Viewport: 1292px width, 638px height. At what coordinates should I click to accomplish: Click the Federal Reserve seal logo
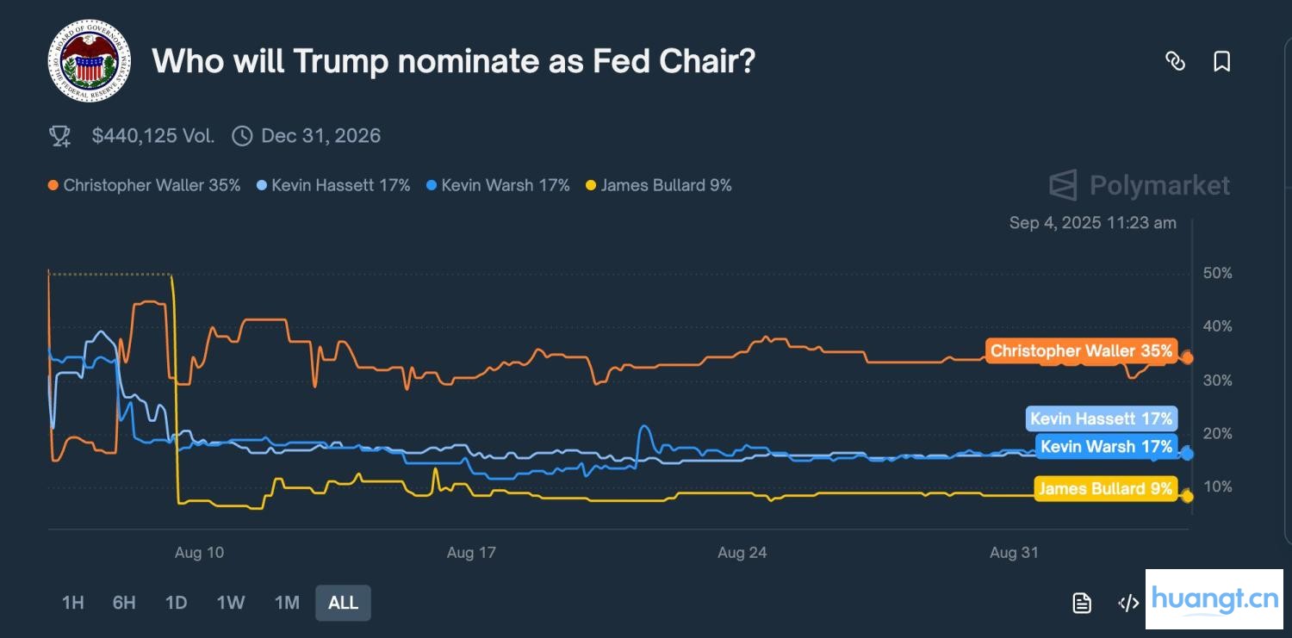point(90,61)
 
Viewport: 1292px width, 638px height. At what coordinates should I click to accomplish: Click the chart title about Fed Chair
point(453,61)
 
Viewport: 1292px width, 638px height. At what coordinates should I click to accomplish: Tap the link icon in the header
point(1175,61)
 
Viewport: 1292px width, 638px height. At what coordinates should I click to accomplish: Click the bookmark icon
point(1221,61)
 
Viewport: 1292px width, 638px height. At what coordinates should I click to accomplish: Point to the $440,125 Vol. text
point(152,136)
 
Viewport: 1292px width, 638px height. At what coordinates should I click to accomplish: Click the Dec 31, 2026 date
point(320,136)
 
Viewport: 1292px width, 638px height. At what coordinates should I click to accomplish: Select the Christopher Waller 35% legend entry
point(145,185)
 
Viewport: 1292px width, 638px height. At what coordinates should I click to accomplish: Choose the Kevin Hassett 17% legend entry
point(334,185)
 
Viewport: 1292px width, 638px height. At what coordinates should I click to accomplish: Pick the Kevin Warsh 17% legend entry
point(499,185)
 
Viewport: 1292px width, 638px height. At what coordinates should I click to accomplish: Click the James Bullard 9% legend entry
point(659,185)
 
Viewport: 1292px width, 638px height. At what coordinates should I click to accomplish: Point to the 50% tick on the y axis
point(1217,274)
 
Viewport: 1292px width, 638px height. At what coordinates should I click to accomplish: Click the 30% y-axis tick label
point(1217,381)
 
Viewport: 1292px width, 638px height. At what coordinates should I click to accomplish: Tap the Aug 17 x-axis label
point(471,553)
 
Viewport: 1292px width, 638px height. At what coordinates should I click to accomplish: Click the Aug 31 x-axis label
point(1014,553)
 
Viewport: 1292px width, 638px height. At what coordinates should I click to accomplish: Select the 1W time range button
point(231,603)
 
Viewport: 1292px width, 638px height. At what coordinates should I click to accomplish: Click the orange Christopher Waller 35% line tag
point(1081,350)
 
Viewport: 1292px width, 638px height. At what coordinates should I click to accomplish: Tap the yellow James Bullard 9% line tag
point(1105,489)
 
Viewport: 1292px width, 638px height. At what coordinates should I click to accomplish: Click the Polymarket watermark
point(1140,185)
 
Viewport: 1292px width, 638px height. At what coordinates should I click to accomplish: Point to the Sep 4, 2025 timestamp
point(1092,223)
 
